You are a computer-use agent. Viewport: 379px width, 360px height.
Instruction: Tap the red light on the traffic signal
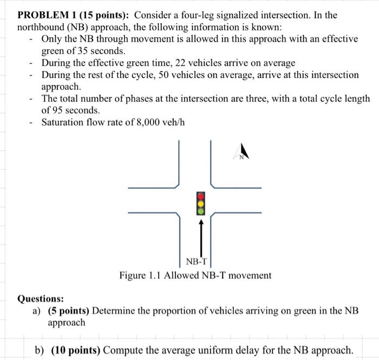[201, 196]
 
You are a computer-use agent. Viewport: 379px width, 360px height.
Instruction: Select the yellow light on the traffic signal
[201, 203]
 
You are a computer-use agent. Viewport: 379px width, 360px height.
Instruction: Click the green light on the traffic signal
[201, 210]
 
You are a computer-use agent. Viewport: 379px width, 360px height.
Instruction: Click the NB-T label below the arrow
[197, 262]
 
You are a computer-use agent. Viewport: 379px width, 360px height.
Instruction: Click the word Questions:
[41, 298]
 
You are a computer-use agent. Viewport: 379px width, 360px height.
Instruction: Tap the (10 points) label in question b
[75, 349]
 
